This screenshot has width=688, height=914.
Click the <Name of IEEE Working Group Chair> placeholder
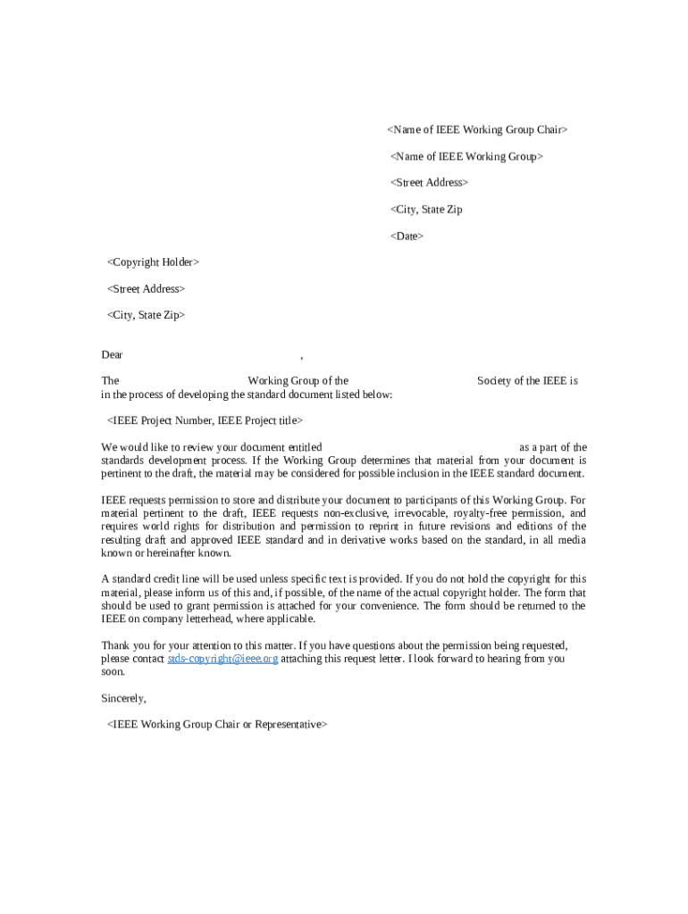pyautogui.click(x=477, y=130)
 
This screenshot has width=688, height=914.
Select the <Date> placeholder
pyautogui.click(x=407, y=237)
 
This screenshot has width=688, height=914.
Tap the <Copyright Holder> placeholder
pyautogui.click(x=153, y=262)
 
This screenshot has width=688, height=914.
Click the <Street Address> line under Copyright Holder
pyautogui.click(x=146, y=289)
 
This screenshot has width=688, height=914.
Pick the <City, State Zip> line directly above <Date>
pyautogui.click(x=426, y=210)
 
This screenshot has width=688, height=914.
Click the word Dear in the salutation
pyautogui.click(x=112, y=355)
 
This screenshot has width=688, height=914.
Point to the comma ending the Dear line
pyautogui.click(x=302, y=357)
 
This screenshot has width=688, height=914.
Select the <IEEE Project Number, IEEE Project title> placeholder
pyautogui.click(x=205, y=420)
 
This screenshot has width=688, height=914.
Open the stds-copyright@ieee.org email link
pyautogui.click(x=222, y=659)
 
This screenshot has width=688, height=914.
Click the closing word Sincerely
pyautogui.click(x=123, y=698)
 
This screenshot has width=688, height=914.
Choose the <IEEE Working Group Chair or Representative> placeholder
pyautogui.click(x=217, y=725)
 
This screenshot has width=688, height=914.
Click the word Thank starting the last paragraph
pyautogui.click(x=115, y=645)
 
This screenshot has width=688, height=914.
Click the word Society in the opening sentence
pyautogui.click(x=494, y=381)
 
